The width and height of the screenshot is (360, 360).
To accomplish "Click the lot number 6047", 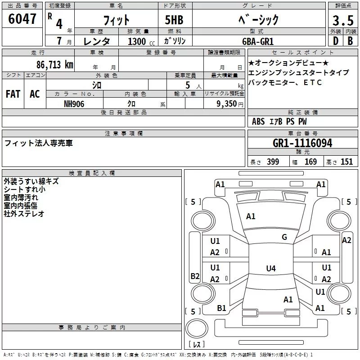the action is pos(22,19).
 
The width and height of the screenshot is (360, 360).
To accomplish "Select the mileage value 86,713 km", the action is pos(55,64).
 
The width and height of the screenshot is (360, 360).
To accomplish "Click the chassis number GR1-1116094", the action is pos(302,144).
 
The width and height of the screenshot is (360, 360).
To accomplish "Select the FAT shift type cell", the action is pos(13,94).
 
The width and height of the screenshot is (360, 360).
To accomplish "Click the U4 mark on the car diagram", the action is pos(270,269).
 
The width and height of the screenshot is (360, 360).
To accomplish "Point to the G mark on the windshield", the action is pos(284,237).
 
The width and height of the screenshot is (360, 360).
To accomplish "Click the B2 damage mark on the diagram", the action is pos(195,276).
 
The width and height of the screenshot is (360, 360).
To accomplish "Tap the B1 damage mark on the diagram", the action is pos(221,308).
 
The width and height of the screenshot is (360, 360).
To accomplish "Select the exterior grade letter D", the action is pos(335,41).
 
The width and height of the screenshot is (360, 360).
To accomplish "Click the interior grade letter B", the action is pos(350,41).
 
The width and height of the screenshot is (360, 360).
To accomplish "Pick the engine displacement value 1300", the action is pos(137,41).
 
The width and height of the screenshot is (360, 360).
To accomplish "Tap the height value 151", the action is pos(346,162).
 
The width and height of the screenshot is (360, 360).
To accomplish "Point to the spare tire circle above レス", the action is pos(197,329).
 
